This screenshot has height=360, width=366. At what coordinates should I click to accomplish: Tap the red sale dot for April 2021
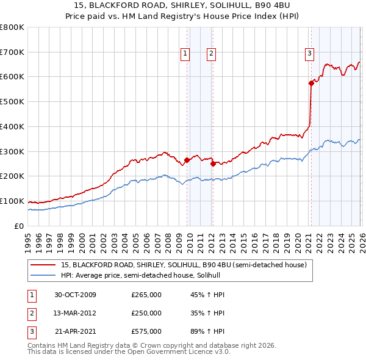tap(311, 83)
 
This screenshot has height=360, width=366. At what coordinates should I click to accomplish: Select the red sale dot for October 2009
tap(187, 160)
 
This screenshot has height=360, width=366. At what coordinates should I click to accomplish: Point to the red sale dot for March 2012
tap(213, 164)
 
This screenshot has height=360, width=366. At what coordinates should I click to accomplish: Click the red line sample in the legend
tap(43, 265)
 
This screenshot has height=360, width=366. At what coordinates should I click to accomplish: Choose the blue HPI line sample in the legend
tap(43, 275)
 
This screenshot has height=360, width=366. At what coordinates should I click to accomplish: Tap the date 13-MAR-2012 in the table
tap(76, 313)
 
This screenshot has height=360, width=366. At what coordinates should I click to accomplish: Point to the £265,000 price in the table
tap(146, 295)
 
